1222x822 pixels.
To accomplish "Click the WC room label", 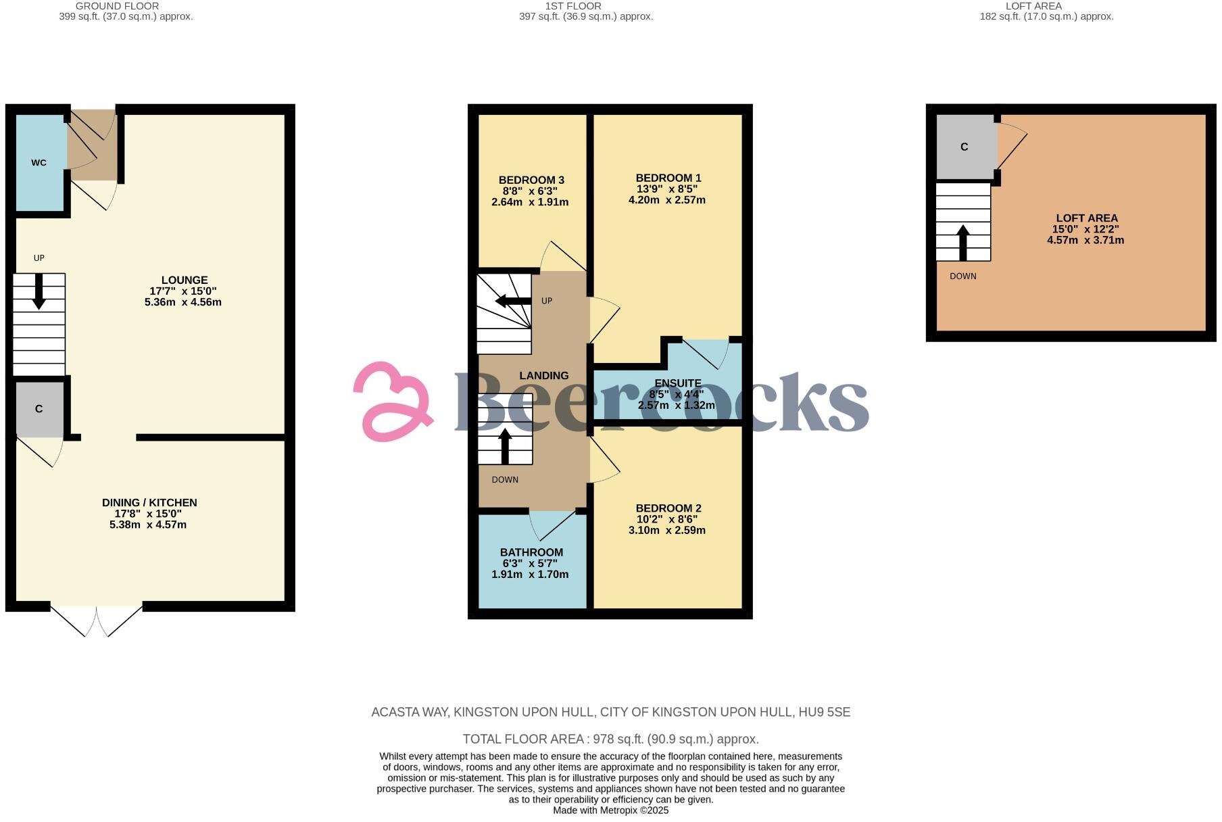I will tap(39, 163).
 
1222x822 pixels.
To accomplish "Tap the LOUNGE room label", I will tap(184, 281).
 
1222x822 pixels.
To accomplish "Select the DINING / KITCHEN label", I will tap(149, 503).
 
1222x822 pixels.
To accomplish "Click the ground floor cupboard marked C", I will tap(39, 409).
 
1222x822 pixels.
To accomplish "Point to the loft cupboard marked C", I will tap(964, 147).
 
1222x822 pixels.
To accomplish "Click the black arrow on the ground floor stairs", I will tap(39, 291).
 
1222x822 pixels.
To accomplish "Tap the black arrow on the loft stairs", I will tap(963, 242).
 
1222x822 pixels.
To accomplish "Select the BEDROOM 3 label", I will tap(531, 180).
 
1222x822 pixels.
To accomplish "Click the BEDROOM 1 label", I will tap(668, 178).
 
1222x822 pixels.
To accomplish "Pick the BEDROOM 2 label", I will tap(668, 508).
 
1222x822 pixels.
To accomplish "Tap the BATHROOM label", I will tap(531, 552).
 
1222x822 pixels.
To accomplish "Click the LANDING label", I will tap(543, 376).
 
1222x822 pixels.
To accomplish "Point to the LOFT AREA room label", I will tap(1087, 218).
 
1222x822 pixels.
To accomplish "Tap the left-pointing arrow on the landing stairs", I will tap(513, 301).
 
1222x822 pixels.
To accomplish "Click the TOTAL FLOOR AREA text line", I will tap(610, 739).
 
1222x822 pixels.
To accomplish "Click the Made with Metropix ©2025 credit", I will tap(610, 810).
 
